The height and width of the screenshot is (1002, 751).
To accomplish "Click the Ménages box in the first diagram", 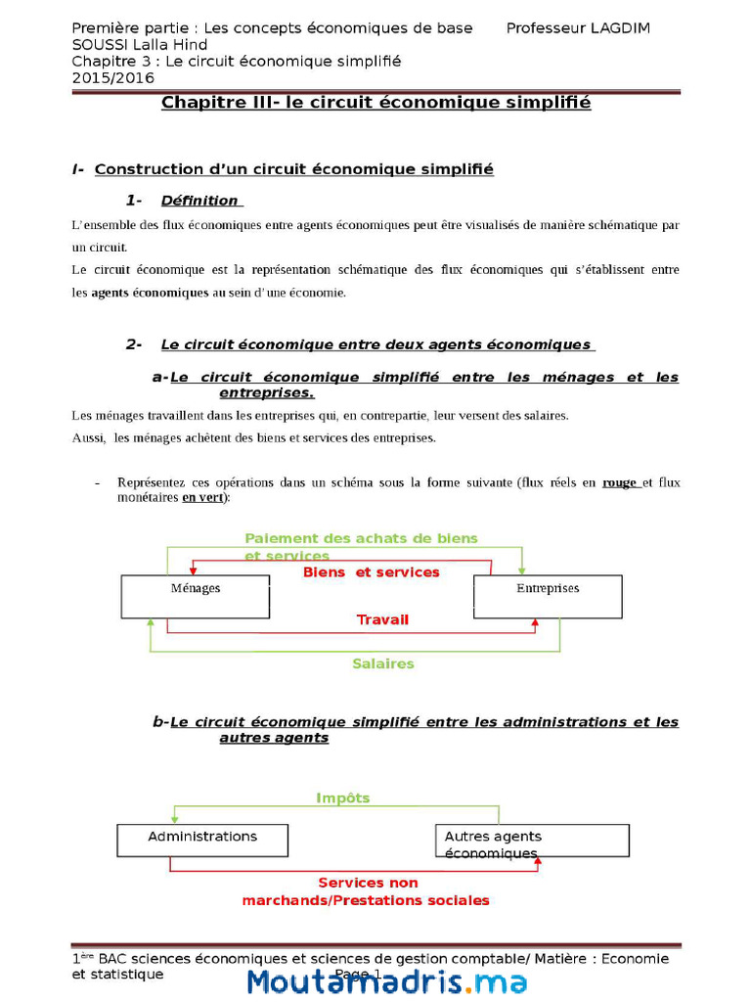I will (x=195, y=596).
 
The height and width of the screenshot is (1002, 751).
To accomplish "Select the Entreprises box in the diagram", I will (x=548, y=596).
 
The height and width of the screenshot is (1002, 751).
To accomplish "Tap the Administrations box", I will (x=202, y=839).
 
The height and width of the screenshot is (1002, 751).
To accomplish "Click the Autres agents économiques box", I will (x=531, y=840).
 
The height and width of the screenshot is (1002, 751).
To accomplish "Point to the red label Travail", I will (x=382, y=619).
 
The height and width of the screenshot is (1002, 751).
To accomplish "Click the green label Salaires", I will (x=382, y=663).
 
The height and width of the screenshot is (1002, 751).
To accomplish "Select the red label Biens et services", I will (x=371, y=571).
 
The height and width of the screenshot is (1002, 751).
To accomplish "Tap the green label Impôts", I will (x=342, y=797).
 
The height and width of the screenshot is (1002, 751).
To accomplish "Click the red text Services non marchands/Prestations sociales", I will (x=367, y=891).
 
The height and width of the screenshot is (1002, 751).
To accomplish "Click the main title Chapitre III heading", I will (x=375, y=103).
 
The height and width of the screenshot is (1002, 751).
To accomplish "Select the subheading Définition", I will (x=199, y=201).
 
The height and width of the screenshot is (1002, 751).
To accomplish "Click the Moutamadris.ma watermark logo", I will (x=386, y=981).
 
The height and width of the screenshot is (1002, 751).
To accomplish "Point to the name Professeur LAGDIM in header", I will (x=578, y=28).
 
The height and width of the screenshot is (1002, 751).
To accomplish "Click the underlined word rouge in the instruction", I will (x=620, y=482).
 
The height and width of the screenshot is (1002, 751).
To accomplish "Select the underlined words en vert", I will (x=201, y=497).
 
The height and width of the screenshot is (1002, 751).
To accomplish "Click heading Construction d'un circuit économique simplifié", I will (x=293, y=169).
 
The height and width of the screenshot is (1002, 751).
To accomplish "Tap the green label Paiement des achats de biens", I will (x=361, y=538).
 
